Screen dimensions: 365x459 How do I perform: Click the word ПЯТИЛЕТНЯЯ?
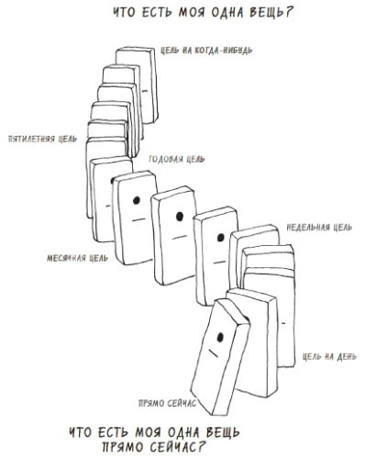tap(32, 139)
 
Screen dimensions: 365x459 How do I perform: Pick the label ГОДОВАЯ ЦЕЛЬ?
tap(177, 159)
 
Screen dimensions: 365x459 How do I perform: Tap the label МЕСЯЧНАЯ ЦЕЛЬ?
tap(77, 258)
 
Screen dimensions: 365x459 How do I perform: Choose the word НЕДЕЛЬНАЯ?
tap(308, 228)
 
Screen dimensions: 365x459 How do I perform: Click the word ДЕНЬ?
tap(347, 357)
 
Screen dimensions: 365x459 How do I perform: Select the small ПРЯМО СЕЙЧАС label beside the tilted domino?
tap(167, 403)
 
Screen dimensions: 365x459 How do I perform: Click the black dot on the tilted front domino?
tap(220, 338)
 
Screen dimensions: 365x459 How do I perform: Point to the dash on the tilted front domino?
tap(214, 353)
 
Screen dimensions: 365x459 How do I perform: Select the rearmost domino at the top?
tap(138, 84)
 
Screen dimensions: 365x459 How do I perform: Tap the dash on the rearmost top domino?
tap(145, 91)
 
